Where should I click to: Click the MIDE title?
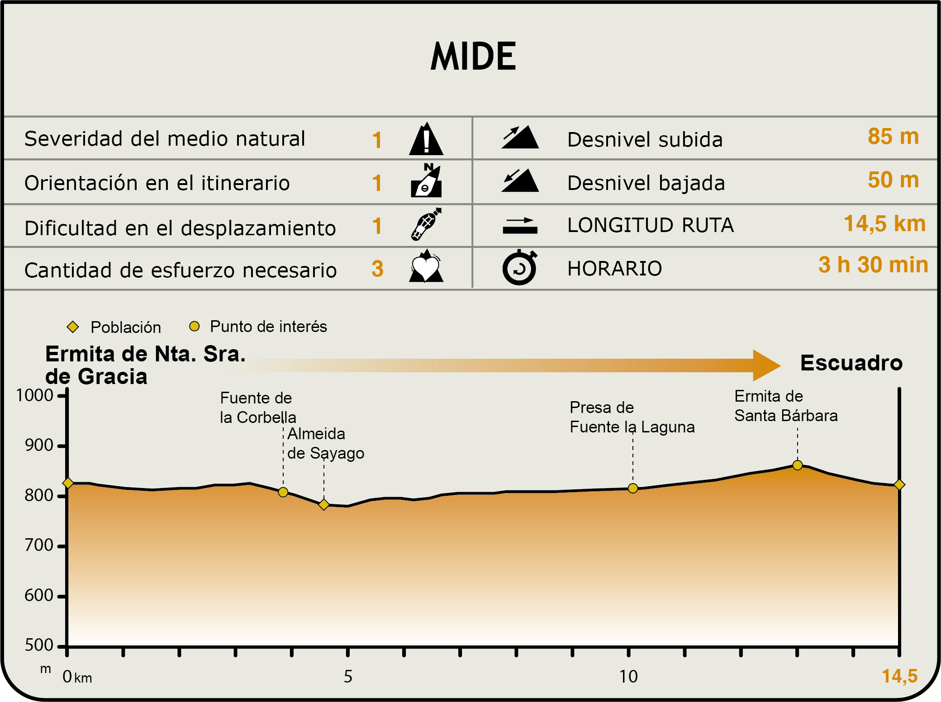click(473, 57)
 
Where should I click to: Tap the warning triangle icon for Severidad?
click(426, 139)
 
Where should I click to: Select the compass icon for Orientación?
click(426, 181)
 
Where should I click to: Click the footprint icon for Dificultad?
click(426, 224)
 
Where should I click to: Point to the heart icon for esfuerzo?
click(426, 267)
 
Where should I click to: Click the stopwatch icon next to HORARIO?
click(519, 268)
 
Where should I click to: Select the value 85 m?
click(893, 137)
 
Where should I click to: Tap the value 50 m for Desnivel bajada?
click(893, 180)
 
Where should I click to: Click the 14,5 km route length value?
click(884, 223)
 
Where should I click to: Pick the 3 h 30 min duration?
click(873, 265)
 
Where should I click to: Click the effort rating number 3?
click(377, 269)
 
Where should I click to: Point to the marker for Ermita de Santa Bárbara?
click(798, 465)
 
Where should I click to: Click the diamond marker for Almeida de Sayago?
click(324, 504)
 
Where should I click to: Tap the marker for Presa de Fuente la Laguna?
click(633, 488)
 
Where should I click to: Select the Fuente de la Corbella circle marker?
click(283, 492)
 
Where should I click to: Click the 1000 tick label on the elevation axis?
click(35, 396)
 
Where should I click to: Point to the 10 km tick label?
click(628, 677)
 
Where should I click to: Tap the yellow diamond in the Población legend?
click(73, 327)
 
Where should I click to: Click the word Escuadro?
click(851, 363)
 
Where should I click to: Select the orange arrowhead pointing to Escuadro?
click(767, 365)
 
